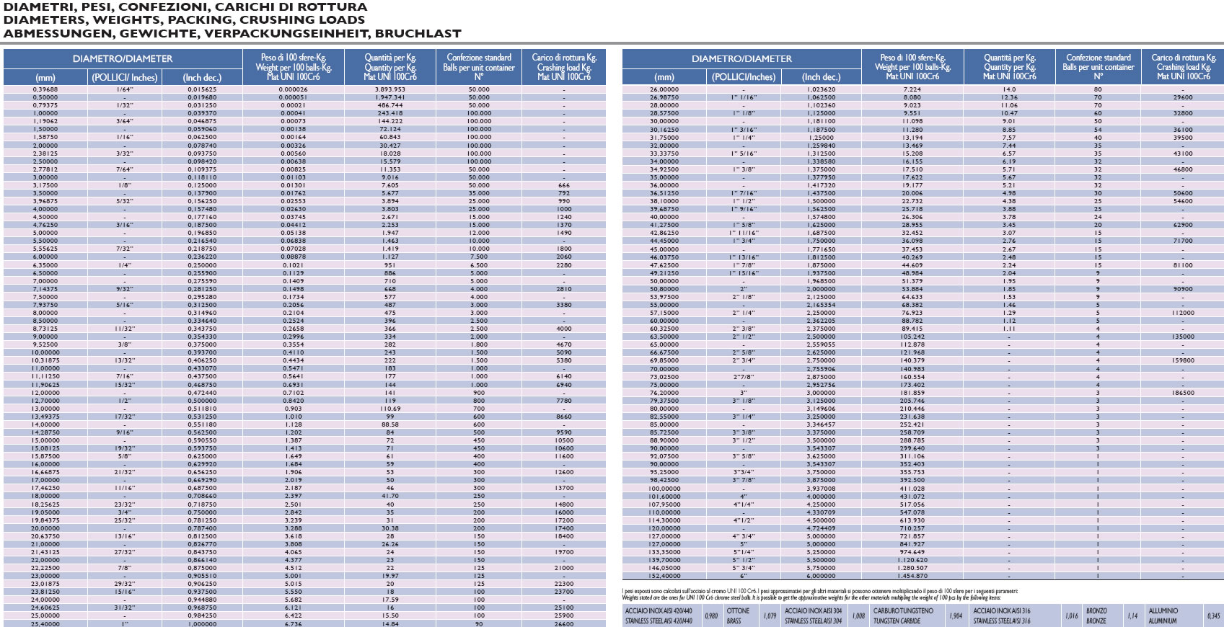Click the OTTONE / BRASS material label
(x=738, y=615)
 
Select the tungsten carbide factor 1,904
(x=955, y=615)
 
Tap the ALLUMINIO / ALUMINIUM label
(x=1163, y=615)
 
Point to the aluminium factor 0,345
(x=1214, y=615)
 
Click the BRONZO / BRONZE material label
(x=1096, y=615)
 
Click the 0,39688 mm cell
(x=45, y=89)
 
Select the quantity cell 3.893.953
(x=390, y=89)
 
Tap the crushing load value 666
(x=564, y=185)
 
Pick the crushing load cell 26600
(x=564, y=623)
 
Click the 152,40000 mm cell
(x=664, y=576)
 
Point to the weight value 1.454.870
(x=912, y=576)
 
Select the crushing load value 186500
(x=1183, y=393)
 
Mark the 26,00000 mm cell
(x=664, y=89)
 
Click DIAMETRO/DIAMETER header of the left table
(x=123, y=58)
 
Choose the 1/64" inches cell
(x=124, y=89)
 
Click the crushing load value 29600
(x=1183, y=97)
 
